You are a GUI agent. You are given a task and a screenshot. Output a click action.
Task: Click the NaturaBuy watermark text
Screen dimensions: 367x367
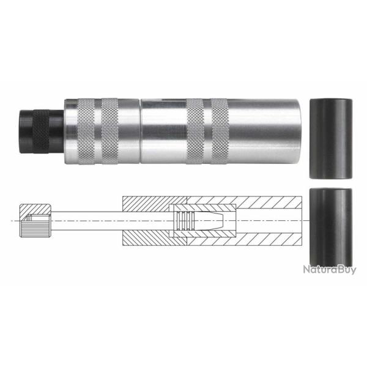pos(328,269)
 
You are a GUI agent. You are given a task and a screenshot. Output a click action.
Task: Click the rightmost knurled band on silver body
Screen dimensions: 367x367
pos(219,130)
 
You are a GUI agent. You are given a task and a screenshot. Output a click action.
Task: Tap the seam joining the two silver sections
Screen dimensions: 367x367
pos(140,130)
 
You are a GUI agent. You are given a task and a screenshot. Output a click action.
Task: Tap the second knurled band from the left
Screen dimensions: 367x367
pos(110,130)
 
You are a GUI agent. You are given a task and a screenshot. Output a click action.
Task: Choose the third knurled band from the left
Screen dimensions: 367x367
pos(195,130)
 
